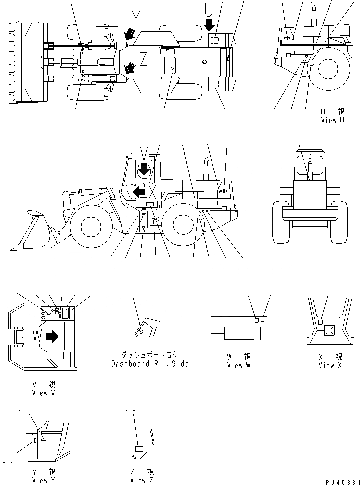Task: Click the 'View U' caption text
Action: click(x=332, y=120)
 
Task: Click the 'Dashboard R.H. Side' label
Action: click(x=150, y=364)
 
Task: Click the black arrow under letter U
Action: click(x=209, y=23)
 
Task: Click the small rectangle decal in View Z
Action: click(x=139, y=448)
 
